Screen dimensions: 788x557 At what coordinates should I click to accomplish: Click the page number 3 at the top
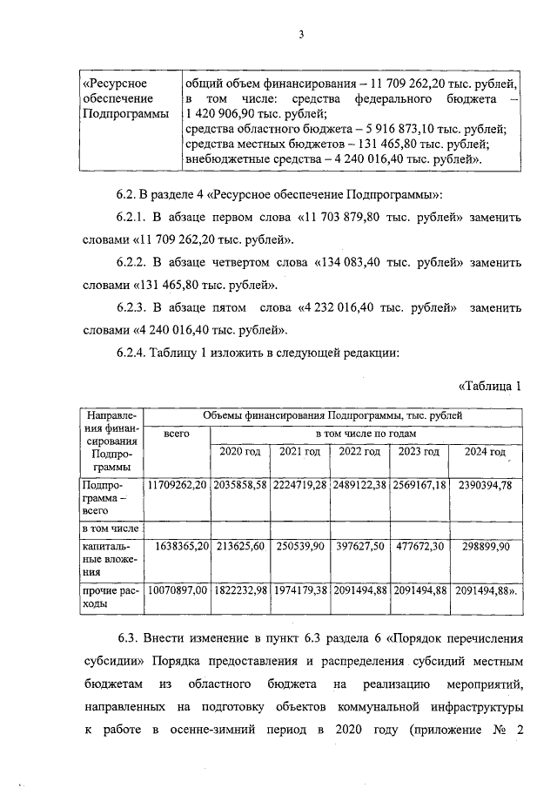pos(301,35)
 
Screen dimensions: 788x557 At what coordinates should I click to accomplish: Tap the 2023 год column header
pos(418,452)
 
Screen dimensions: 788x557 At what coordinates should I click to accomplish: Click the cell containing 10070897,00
pos(176,591)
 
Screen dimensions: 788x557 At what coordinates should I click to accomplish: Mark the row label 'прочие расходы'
pos(110,598)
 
